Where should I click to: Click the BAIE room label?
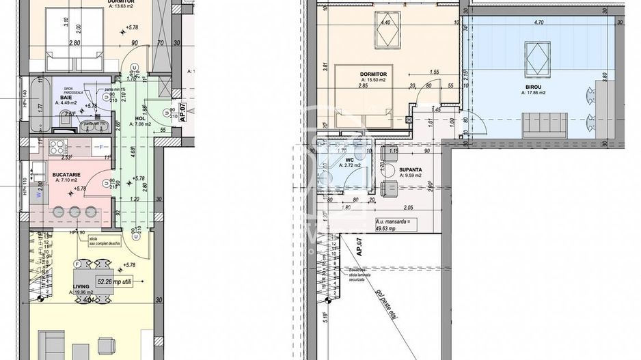point(66,98)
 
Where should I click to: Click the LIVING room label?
point(81,288)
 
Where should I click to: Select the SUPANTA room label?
point(411,169)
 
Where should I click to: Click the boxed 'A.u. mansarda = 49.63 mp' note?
point(395,225)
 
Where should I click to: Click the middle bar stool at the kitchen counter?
point(75,212)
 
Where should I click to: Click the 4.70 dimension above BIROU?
point(538,23)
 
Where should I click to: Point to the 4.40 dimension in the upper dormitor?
point(385,22)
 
